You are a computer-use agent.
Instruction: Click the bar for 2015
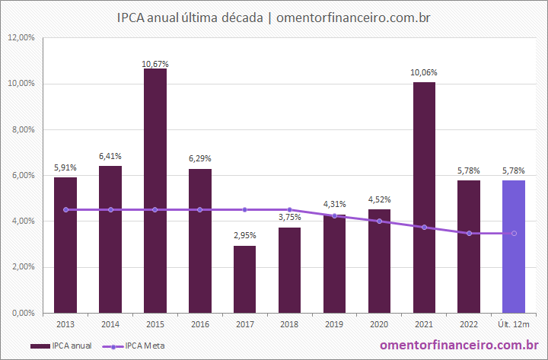coord(155,190)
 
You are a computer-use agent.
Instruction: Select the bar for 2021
coord(424,197)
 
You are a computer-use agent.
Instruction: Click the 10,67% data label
coord(155,63)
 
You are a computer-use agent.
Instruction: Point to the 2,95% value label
coord(244,234)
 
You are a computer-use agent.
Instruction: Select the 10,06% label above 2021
coord(424,72)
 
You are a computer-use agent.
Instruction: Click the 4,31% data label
coord(334,204)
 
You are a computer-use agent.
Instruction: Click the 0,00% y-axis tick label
coord(21,313)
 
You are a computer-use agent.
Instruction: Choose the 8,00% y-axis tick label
coord(21,129)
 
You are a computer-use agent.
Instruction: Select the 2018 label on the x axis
coord(289,325)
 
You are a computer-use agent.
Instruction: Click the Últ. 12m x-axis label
coord(514,325)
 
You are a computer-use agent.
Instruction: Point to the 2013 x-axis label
coord(65,325)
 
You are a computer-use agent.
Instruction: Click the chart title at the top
coord(274,16)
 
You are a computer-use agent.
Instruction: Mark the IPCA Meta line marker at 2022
coord(469,233)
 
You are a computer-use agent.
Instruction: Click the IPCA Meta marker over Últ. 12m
coord(514,233)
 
